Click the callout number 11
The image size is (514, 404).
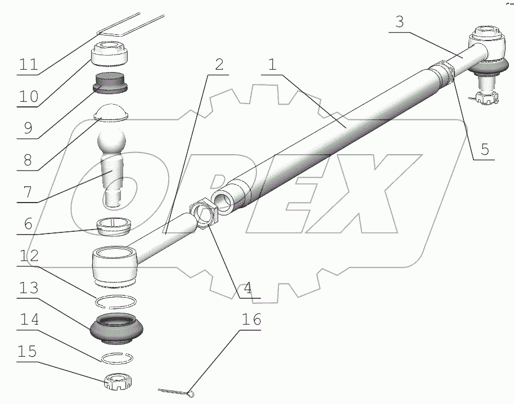(29, 64)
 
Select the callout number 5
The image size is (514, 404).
(485, 149)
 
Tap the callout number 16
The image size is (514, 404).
(251, 319)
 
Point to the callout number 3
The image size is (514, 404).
(399, 22)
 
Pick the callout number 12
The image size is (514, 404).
(29, 256)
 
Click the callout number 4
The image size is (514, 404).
(247, 288)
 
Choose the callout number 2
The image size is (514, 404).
(219, 64)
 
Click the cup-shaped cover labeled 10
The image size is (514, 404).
(109, 54)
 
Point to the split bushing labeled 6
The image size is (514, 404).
(114, 226)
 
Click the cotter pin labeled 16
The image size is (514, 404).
(177, 391)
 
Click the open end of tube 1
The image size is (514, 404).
(223, 203)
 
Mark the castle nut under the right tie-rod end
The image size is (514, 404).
(486, 98)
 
